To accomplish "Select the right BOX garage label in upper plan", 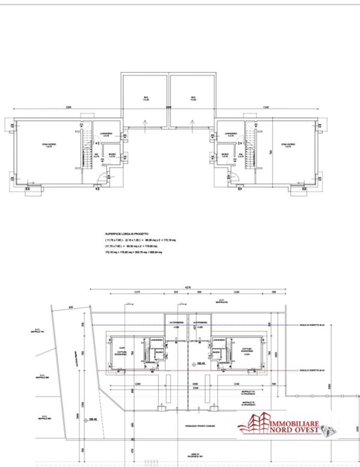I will pos(193,98).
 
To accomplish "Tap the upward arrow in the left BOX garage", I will pos(145,123).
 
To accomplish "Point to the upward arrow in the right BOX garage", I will pos(193,123).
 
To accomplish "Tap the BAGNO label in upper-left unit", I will pos(112,155).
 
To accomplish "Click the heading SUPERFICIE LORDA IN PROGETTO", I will pos(130,233).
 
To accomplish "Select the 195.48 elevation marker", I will pos(92,420).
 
